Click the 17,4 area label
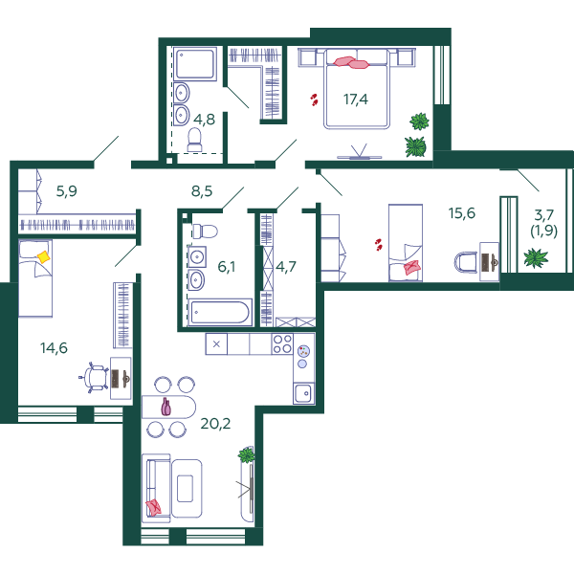[356, 99]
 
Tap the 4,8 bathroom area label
[204, 120]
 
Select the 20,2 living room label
[215, 424]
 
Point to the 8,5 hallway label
[202, 191]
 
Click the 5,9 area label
[67, 191]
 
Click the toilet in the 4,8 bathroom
[195, 140]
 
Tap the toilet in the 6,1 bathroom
[205, 232]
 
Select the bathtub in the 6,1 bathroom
[220, 312]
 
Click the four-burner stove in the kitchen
[282, 343]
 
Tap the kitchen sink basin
[303, 393]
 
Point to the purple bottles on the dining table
[166, 407]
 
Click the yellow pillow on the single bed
[44, 257]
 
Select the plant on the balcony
[536, 257]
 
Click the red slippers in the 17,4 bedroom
[314, 99]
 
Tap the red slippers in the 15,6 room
[378, 244]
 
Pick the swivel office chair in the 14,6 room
[95, 378]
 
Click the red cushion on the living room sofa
[153, 507]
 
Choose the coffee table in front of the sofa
[186, 488]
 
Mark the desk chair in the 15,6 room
[466, 262]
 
